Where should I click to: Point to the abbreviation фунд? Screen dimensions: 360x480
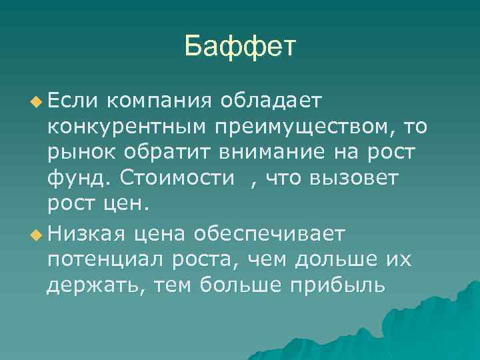pos(78,179)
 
